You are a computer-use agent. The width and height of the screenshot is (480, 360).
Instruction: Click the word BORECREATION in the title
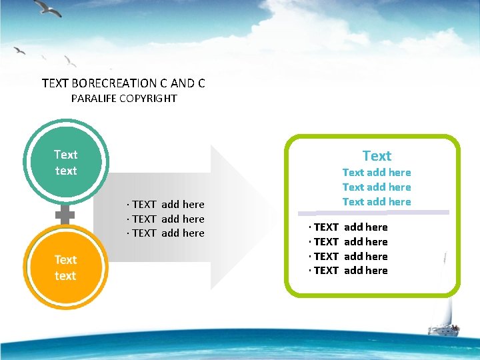point(113,83)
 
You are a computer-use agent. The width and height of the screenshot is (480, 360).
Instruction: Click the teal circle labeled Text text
point(65,163)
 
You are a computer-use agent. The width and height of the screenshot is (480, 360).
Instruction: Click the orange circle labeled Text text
point(65,267)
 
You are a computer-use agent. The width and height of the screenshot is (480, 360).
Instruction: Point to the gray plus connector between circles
point(65,215)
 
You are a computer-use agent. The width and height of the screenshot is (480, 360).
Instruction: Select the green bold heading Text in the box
point(377,155)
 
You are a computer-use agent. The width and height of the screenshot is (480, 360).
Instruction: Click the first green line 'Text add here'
point(377,173)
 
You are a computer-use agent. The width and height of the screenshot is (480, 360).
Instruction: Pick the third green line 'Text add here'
point(377,201)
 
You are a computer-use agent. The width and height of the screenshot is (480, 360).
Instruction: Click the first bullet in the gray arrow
point(166,204)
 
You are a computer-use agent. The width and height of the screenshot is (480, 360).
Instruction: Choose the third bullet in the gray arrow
point(166,233)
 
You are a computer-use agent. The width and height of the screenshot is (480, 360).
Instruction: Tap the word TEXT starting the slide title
point(55,83)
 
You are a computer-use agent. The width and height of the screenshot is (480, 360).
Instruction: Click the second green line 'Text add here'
point(377,187)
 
